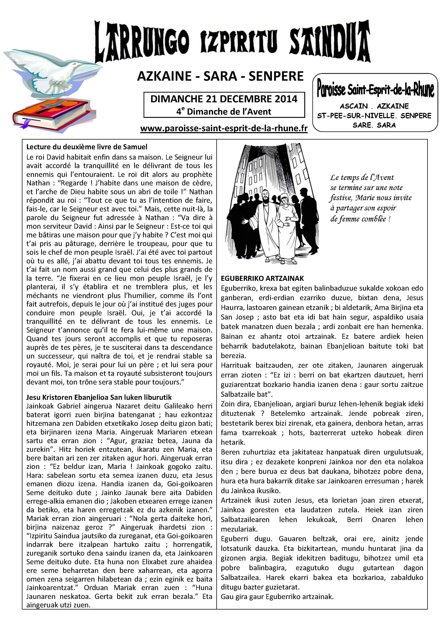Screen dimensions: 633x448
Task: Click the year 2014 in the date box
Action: point(285,99)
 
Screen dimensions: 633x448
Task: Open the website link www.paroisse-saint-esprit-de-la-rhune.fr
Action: point(224,129)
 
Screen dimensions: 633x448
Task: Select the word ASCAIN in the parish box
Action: point(354,106)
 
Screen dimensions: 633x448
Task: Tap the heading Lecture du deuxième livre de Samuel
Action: point(87,147)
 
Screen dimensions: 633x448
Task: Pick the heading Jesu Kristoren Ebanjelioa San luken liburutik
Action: point(99,397)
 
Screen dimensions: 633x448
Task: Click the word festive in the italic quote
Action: point(340,198)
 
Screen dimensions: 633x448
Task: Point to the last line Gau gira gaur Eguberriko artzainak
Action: point(277,597)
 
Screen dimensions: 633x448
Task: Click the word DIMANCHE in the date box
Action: point(177,99)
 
